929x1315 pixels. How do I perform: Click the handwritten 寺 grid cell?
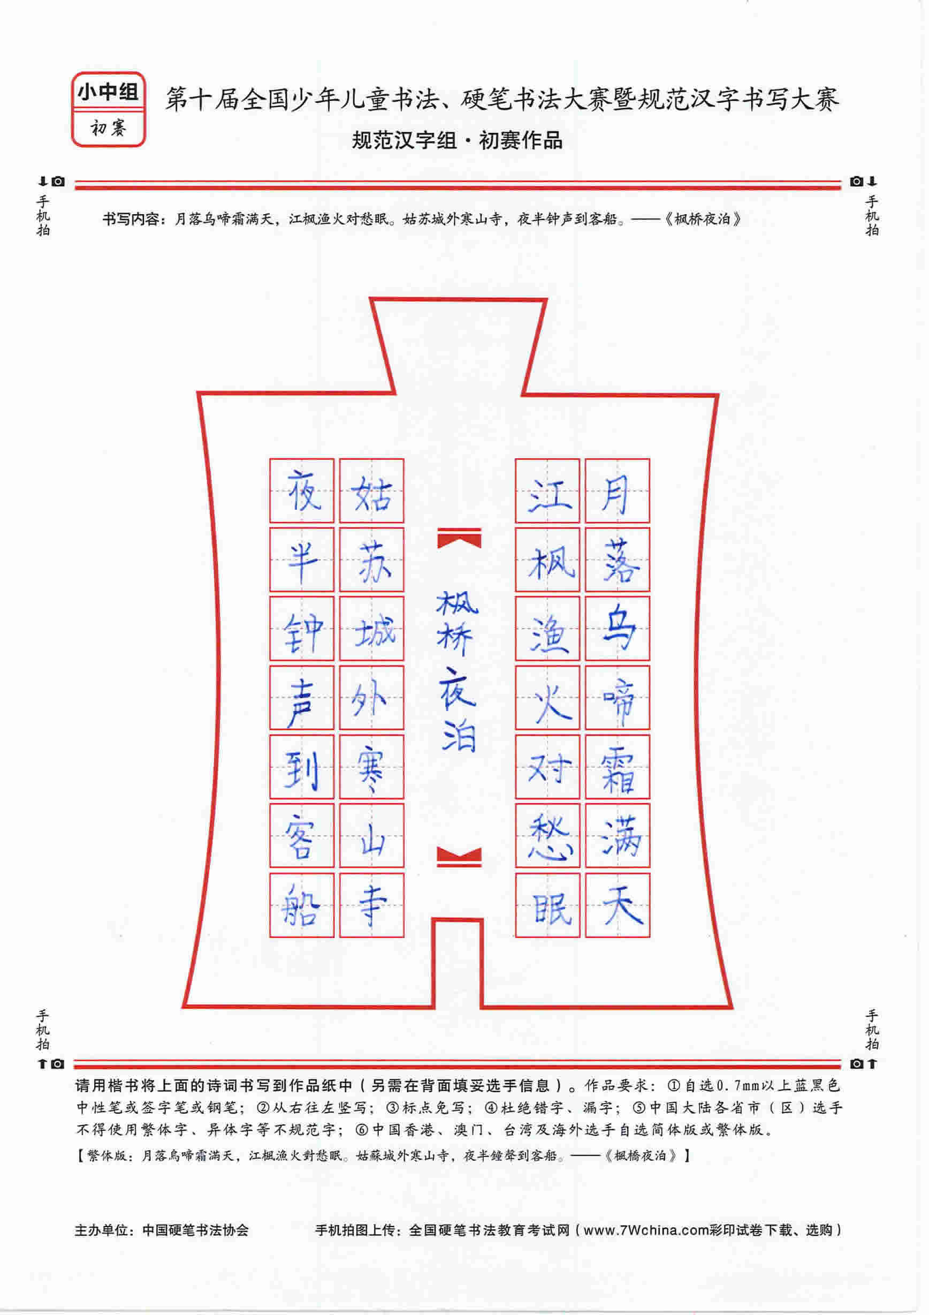(371, 905)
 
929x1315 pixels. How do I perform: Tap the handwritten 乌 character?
(618, 630)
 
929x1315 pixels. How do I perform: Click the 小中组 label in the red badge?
(108, 92)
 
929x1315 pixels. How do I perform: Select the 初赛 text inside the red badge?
(108, 129)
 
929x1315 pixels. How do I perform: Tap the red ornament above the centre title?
(459, 539)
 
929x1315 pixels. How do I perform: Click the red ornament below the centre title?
(459, 856)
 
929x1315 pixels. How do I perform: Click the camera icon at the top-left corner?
(58, 182)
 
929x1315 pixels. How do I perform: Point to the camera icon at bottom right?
(856, 1063)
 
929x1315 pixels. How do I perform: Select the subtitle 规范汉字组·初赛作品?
(457, 140)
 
